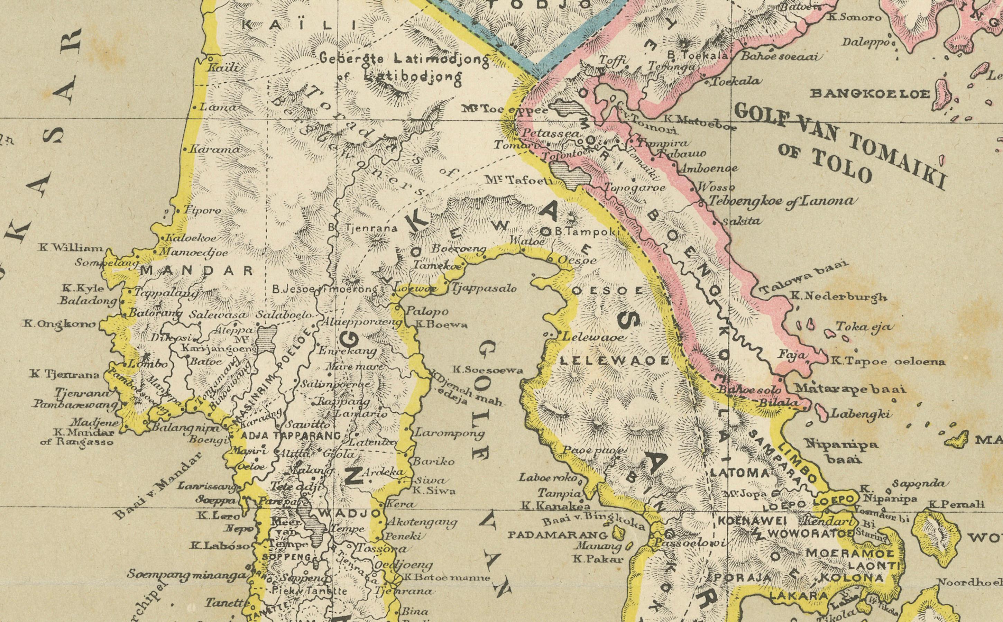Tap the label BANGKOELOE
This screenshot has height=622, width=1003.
869,94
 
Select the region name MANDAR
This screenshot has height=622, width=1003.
197,271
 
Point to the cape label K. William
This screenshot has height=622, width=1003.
71,248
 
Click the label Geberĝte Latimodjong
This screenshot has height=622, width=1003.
405,59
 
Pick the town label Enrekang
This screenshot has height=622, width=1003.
348,351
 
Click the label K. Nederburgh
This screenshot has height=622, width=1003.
839,296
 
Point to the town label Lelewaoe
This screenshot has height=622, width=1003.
592,338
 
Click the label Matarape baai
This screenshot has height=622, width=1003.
849,389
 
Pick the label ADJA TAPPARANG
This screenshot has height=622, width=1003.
290,436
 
